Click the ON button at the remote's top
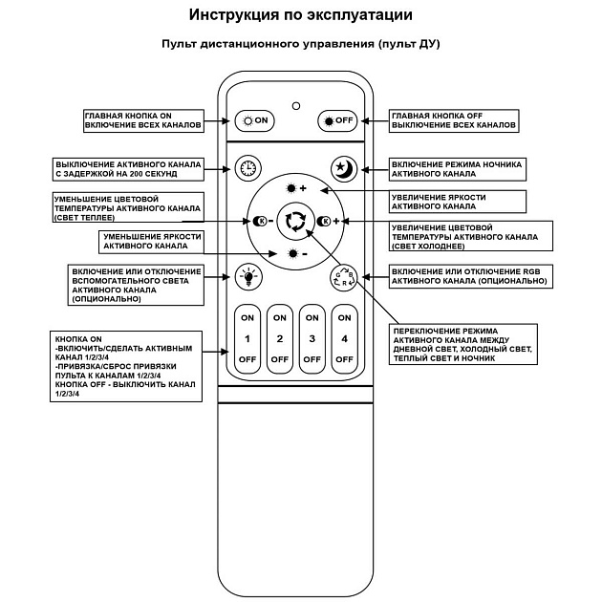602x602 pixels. (x=256, y=120)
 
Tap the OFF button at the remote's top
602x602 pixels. (x=336, y=120)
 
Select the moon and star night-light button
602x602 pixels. (x=342, y=167)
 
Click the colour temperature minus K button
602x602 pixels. (x=263, y=221)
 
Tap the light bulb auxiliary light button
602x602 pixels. (x=248, y=277)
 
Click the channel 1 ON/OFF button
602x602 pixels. (x=247, y=338)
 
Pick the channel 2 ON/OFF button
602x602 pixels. (x=279, y=338)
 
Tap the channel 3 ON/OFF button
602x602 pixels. (x=312, y=338)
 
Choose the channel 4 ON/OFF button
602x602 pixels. (x=344, y=338)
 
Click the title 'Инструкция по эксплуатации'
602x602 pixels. (x=300, y=15)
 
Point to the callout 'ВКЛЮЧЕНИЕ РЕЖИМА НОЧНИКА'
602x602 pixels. (x=456, y=169)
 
